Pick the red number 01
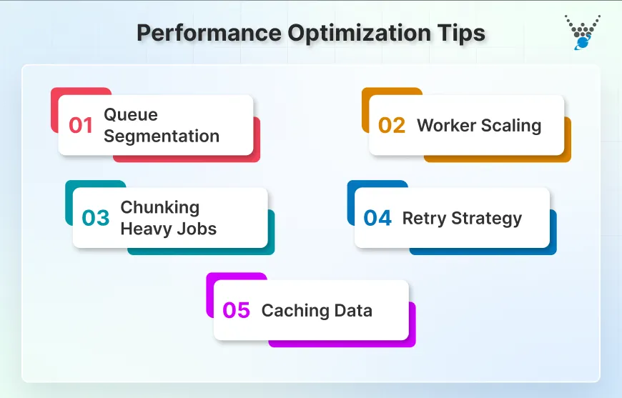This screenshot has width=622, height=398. (81, 126)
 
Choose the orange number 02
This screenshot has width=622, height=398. (392, 126)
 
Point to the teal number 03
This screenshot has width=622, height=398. (95, 218)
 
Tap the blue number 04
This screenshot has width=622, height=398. (377, 218)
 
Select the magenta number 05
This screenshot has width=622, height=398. (236, 311)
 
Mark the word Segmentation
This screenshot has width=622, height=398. (162, 136)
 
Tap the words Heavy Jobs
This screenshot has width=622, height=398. (168, 229)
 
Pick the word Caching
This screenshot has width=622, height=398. (292, 311)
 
